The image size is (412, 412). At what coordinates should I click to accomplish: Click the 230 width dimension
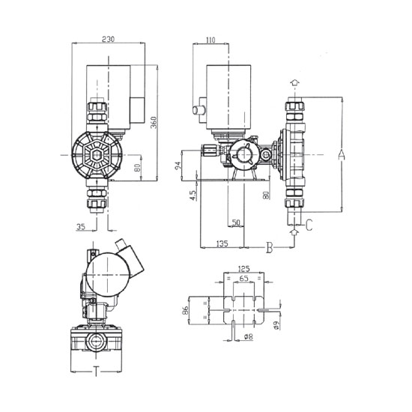pyautogui.click(x=109, y=39)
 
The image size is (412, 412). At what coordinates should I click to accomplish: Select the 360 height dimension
pyautogui.click(x=154, y=122)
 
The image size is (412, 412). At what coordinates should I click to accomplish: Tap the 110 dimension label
pyautogui.click(x=210, y=40)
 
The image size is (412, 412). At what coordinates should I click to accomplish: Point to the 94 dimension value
pyautogui.click(x=178, y=166)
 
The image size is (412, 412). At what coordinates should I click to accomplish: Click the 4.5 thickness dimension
pyautogui.click(x=193, y=196)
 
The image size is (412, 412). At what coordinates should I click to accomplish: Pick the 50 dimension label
pyautogui.click(x=236, y=222)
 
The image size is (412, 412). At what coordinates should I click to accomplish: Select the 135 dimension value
pyautogui.click(x=222, y=243)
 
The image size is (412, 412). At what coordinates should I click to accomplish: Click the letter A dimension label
pyautogui.click(x=341, y=155)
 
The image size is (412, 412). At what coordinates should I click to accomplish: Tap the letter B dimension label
pyautogui.click(x=270, y=247)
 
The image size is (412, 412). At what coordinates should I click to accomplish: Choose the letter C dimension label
pyautogui.click(x=309, y=225)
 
